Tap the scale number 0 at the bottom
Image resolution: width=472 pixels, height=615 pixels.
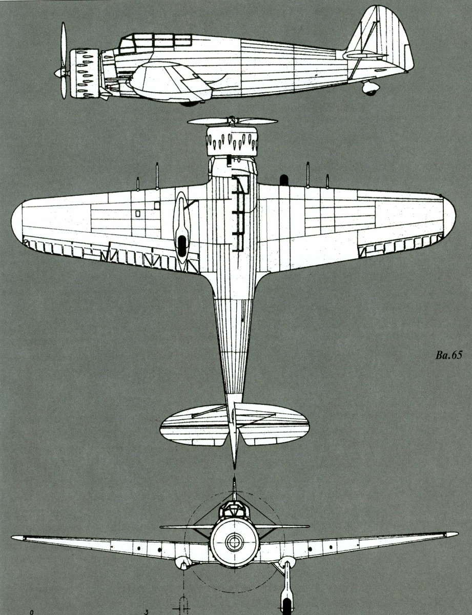pyautogui.click(x=32, y=611)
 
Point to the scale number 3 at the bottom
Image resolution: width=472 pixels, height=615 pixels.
pyautogui.click(x=147, y=611)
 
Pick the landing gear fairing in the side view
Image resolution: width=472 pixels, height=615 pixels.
pyautogui.click(x=172, y=82)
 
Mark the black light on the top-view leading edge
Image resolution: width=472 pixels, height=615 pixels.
pyautogui.click(x=283, y=179)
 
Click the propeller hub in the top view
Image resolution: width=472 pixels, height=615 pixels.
pyautogui.click(x=232, y=121)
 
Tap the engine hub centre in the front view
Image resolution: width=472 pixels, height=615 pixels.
pyautogui.click(x=235, y=540)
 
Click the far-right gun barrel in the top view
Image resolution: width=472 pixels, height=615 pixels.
pyautogui.click(x=327, y=181)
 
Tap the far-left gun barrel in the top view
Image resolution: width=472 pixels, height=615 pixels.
pyautogui.click(x=138, y=182)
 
